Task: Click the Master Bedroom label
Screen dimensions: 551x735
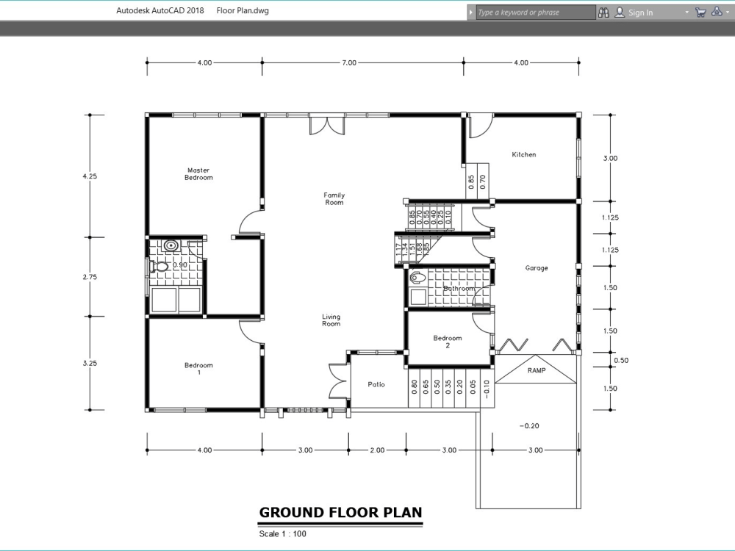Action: tap(198, 174)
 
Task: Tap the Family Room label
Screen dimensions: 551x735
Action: tap(334, 198)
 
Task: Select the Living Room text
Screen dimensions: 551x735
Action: tap(331, 320)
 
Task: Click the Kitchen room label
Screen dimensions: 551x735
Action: tap(524, 155)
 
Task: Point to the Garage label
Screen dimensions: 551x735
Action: tap(537, 268)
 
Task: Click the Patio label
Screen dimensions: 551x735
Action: tap(376, 384)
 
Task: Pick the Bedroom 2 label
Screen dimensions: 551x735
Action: tap(448, 342)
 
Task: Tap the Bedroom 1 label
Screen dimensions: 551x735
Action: tap(198, 369)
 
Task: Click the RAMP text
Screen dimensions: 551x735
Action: tap(537, 371)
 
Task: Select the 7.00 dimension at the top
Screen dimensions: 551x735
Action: tap(349, 63)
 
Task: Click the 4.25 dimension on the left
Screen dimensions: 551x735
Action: tap(90, 176)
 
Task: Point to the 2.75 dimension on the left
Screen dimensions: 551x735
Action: tap(90, 277)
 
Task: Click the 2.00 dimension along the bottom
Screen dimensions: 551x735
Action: tap(376, 450)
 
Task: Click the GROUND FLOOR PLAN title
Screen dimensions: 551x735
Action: tap(340, 513)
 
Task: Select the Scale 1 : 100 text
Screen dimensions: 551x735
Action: tap(283, 534)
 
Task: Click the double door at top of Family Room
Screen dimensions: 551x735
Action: tap(326, 125)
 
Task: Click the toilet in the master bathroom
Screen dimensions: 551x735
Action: tap(159, 266)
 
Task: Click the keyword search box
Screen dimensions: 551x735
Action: tap(534, 12)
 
